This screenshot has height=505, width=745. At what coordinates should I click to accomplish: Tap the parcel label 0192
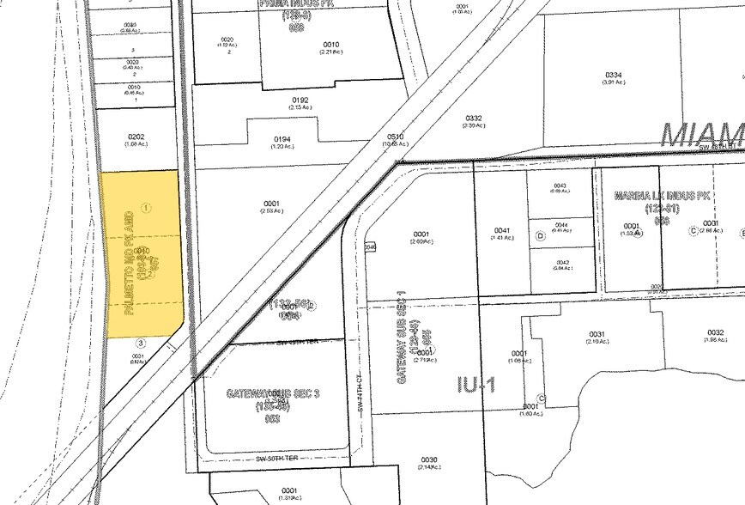(300, 99)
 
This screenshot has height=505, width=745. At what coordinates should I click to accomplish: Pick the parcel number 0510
(395, 137)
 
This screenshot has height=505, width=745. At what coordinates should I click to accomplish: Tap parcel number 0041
(503, 230)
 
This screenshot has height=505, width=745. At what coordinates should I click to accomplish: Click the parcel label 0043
(560, 186)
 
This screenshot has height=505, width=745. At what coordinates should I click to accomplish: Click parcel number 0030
(429, 459)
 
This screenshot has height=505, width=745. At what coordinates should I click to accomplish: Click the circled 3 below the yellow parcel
(142, 343)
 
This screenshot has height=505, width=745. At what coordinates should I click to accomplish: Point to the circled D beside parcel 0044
(540, 235)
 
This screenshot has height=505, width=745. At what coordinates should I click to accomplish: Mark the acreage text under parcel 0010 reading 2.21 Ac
(330, 53)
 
